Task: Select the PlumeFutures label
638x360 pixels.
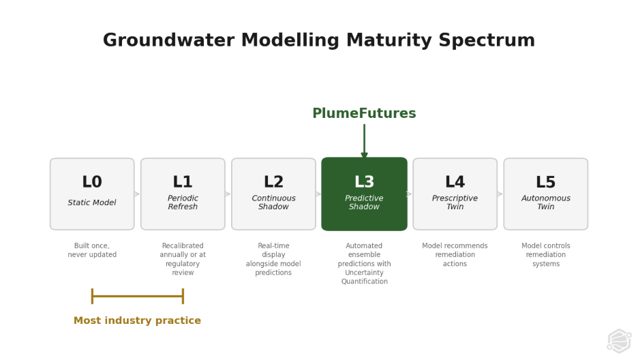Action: coord(364,114)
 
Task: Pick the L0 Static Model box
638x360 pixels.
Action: coord(92,194)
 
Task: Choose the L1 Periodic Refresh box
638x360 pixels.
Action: coord(183,194)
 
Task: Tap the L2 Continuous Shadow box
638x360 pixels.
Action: coord(273,194)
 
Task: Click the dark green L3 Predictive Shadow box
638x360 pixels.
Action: coord(364,194)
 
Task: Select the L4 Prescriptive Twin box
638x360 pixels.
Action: coord(455,194)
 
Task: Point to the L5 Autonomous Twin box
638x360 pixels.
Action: coord(545,194)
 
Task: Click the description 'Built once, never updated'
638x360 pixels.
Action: coord(92,250)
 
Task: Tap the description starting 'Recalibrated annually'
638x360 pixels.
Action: coord(183,259)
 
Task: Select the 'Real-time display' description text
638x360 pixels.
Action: coord(273,259)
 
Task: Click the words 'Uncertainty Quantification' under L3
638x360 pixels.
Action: coord(364,277)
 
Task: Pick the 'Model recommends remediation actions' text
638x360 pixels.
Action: coord(455,255)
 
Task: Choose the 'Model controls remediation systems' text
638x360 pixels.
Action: coord(545,255)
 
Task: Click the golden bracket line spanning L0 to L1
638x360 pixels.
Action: coord(137,296)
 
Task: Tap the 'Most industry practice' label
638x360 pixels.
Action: coord(137,320)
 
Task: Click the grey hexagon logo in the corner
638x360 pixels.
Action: coord(618,340)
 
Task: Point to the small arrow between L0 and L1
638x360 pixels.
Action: coord(137,194)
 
